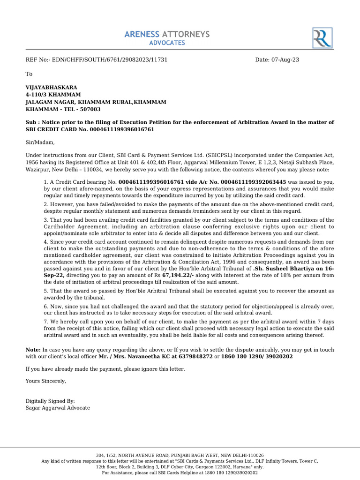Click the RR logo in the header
[322, 37]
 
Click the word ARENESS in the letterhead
[142, 34]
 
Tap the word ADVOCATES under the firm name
[167, 43]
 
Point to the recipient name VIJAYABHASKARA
[52, 87]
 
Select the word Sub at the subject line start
[30, 122]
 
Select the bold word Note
[32, 350]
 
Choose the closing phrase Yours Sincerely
[46, 381]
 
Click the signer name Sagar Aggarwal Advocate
[58, 408]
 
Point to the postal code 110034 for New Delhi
[75, 170]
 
